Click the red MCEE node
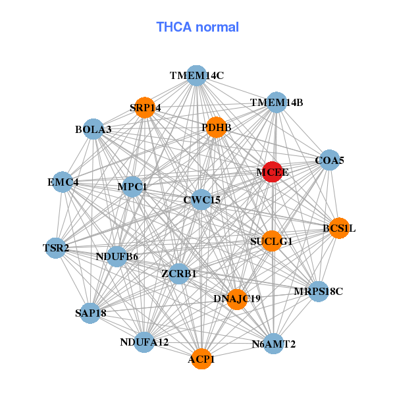tap(273, 172)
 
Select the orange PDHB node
tap(216, 127)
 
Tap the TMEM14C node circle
tap(196, 76)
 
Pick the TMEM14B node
tap(276, 103)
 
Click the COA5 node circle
tap(329, 160)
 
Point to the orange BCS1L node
tap(338, 228)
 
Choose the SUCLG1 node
tap(271, 241)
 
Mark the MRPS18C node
tap(318, 291)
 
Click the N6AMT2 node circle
tap(274, 344)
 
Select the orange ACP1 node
tap(201, 359)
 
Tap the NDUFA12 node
tap(144, 342)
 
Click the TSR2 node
tap(56, 248)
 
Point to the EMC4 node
tap(63, 182)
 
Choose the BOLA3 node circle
tap(93, 129)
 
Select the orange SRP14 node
tap(145, 107)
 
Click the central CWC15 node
tap(202, 199)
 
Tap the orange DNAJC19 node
tap(237, 298)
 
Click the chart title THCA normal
tap(197, 27)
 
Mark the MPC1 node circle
tap(132, 186)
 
